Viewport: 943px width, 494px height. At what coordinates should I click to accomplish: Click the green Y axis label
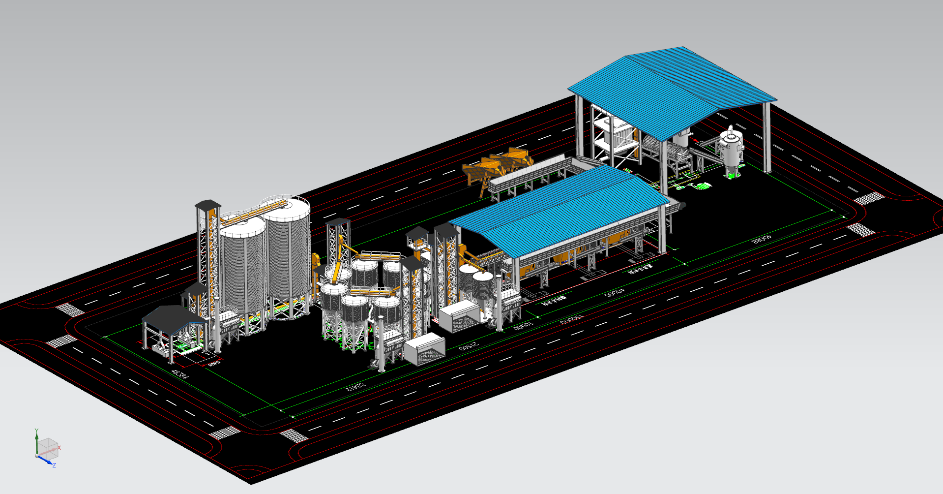point(36,431)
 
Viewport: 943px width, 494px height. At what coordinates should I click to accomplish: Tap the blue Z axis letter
point(54,465)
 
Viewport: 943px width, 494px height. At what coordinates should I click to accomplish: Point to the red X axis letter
point(59,448)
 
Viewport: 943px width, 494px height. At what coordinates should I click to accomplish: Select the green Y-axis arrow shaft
point(36,444)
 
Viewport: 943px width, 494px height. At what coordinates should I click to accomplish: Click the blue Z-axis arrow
point(46,461)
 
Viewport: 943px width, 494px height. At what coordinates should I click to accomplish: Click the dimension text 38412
point(355,387)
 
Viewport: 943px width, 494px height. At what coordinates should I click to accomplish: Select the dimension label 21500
point(468,345)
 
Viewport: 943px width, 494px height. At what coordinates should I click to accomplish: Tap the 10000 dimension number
point(523,326)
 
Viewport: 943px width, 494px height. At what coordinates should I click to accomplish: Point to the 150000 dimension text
point(571,319)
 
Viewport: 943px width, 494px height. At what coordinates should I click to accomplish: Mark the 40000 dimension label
point(615,293)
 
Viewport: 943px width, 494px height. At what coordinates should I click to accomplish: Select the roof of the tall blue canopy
point(671,89)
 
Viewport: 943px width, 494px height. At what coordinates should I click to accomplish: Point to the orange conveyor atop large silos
point(253,213)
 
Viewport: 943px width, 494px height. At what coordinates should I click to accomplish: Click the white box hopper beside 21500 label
point(424,349)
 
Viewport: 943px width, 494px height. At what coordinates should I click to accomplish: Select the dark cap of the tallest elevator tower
point(208,204)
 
